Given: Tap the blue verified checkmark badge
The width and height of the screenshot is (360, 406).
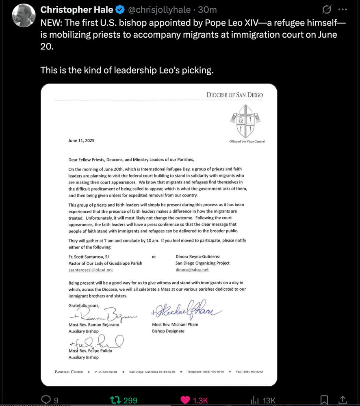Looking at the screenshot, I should coord(120,9).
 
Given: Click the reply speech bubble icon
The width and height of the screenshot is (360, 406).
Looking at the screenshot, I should coord(46,400).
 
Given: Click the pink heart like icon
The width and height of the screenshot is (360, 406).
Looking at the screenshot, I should coord(185,400).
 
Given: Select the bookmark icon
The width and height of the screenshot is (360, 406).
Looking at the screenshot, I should coord(324,400).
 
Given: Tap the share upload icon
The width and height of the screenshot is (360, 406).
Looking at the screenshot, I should coord(342,400).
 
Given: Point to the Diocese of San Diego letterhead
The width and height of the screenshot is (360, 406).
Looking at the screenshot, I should coord(234,95).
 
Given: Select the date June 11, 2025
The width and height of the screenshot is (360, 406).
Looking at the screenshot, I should coord(81,141).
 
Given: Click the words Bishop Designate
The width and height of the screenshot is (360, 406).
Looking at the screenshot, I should coord(168,331).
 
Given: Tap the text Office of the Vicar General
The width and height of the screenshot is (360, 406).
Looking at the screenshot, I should coord(247,141).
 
